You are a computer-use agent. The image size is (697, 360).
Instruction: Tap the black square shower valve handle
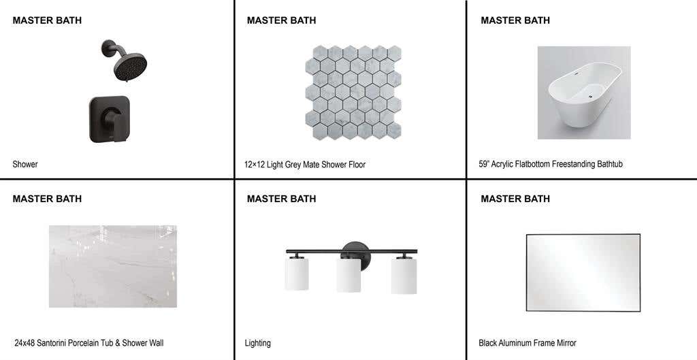click(x=110, y=119)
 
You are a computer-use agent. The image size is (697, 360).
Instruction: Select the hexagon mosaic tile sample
click(x=353, y=92)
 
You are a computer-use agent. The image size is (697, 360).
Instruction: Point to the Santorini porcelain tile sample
click(x=113, y=266)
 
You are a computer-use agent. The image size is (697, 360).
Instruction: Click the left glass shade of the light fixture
click(x=297, y=274)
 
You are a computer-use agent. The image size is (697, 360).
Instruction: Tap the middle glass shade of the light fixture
click(x=348, y=275)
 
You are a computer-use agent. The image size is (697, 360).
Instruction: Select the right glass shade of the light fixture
click(x=404, y=276)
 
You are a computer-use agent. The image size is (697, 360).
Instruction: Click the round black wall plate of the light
click(x=355, y=255)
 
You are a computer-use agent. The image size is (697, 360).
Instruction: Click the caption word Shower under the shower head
click(x=25, y=165)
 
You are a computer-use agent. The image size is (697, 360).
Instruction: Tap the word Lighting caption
click(x=257, y=343)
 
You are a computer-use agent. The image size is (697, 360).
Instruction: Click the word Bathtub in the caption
click(x=609, y=164)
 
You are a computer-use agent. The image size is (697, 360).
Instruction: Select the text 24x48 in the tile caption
click(x=25, y=343)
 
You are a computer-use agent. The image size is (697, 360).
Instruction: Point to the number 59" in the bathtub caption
click(x=484, y=164)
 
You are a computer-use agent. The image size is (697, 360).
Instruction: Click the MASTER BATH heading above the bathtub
click(x=515, y=20)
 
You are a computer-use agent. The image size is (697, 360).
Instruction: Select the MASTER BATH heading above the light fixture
click(x=281, y=199)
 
